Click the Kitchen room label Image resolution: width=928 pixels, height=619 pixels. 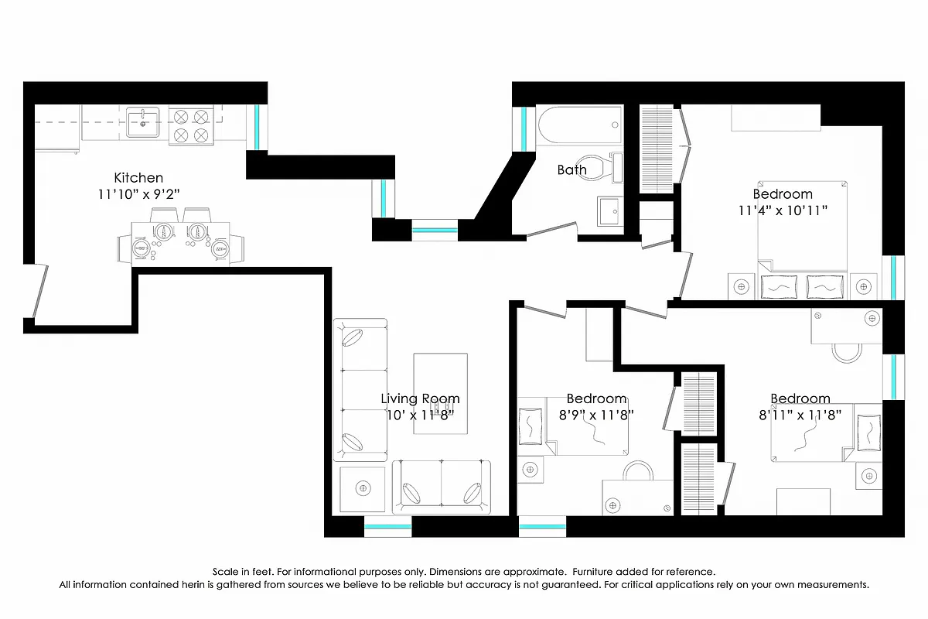coord(138,177)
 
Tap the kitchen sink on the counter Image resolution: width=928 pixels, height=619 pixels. coord(143,122)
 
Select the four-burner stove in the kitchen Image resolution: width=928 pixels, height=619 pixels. coord(190,126)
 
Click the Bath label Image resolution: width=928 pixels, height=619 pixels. coord(571,169)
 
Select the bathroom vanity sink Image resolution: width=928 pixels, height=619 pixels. coord(611,211)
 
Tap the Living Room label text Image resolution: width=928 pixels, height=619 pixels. coord(420,398)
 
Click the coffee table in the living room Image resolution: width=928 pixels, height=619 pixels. coord(440,393)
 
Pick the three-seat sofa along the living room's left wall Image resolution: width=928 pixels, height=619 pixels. coord(360,390)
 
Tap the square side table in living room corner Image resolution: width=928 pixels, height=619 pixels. coord(363,488)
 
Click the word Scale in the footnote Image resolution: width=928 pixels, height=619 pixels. coord(237,571)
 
